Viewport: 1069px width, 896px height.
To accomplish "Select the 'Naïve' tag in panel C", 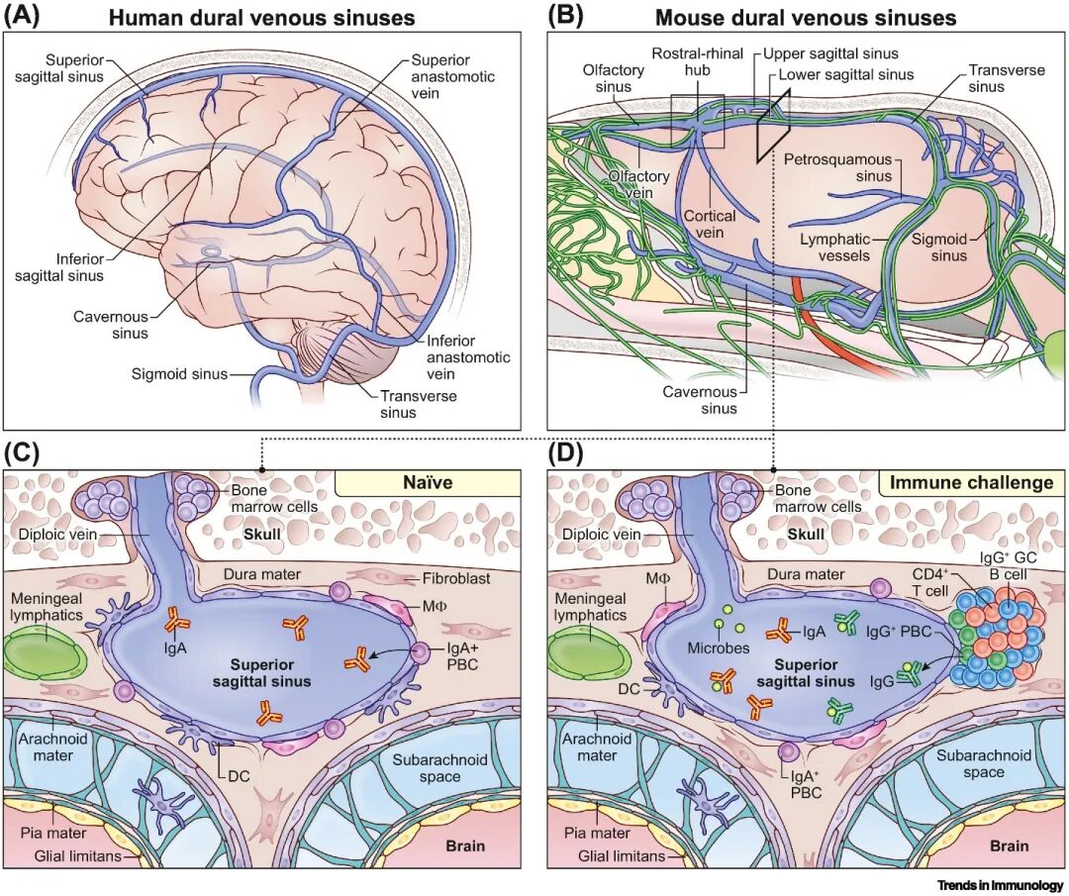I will [428, 483].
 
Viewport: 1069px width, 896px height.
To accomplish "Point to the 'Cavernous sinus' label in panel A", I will [110, 326].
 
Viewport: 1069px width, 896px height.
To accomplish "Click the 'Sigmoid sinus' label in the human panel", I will [178, 374].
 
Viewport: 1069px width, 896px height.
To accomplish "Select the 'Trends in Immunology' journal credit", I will [1000, 885].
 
